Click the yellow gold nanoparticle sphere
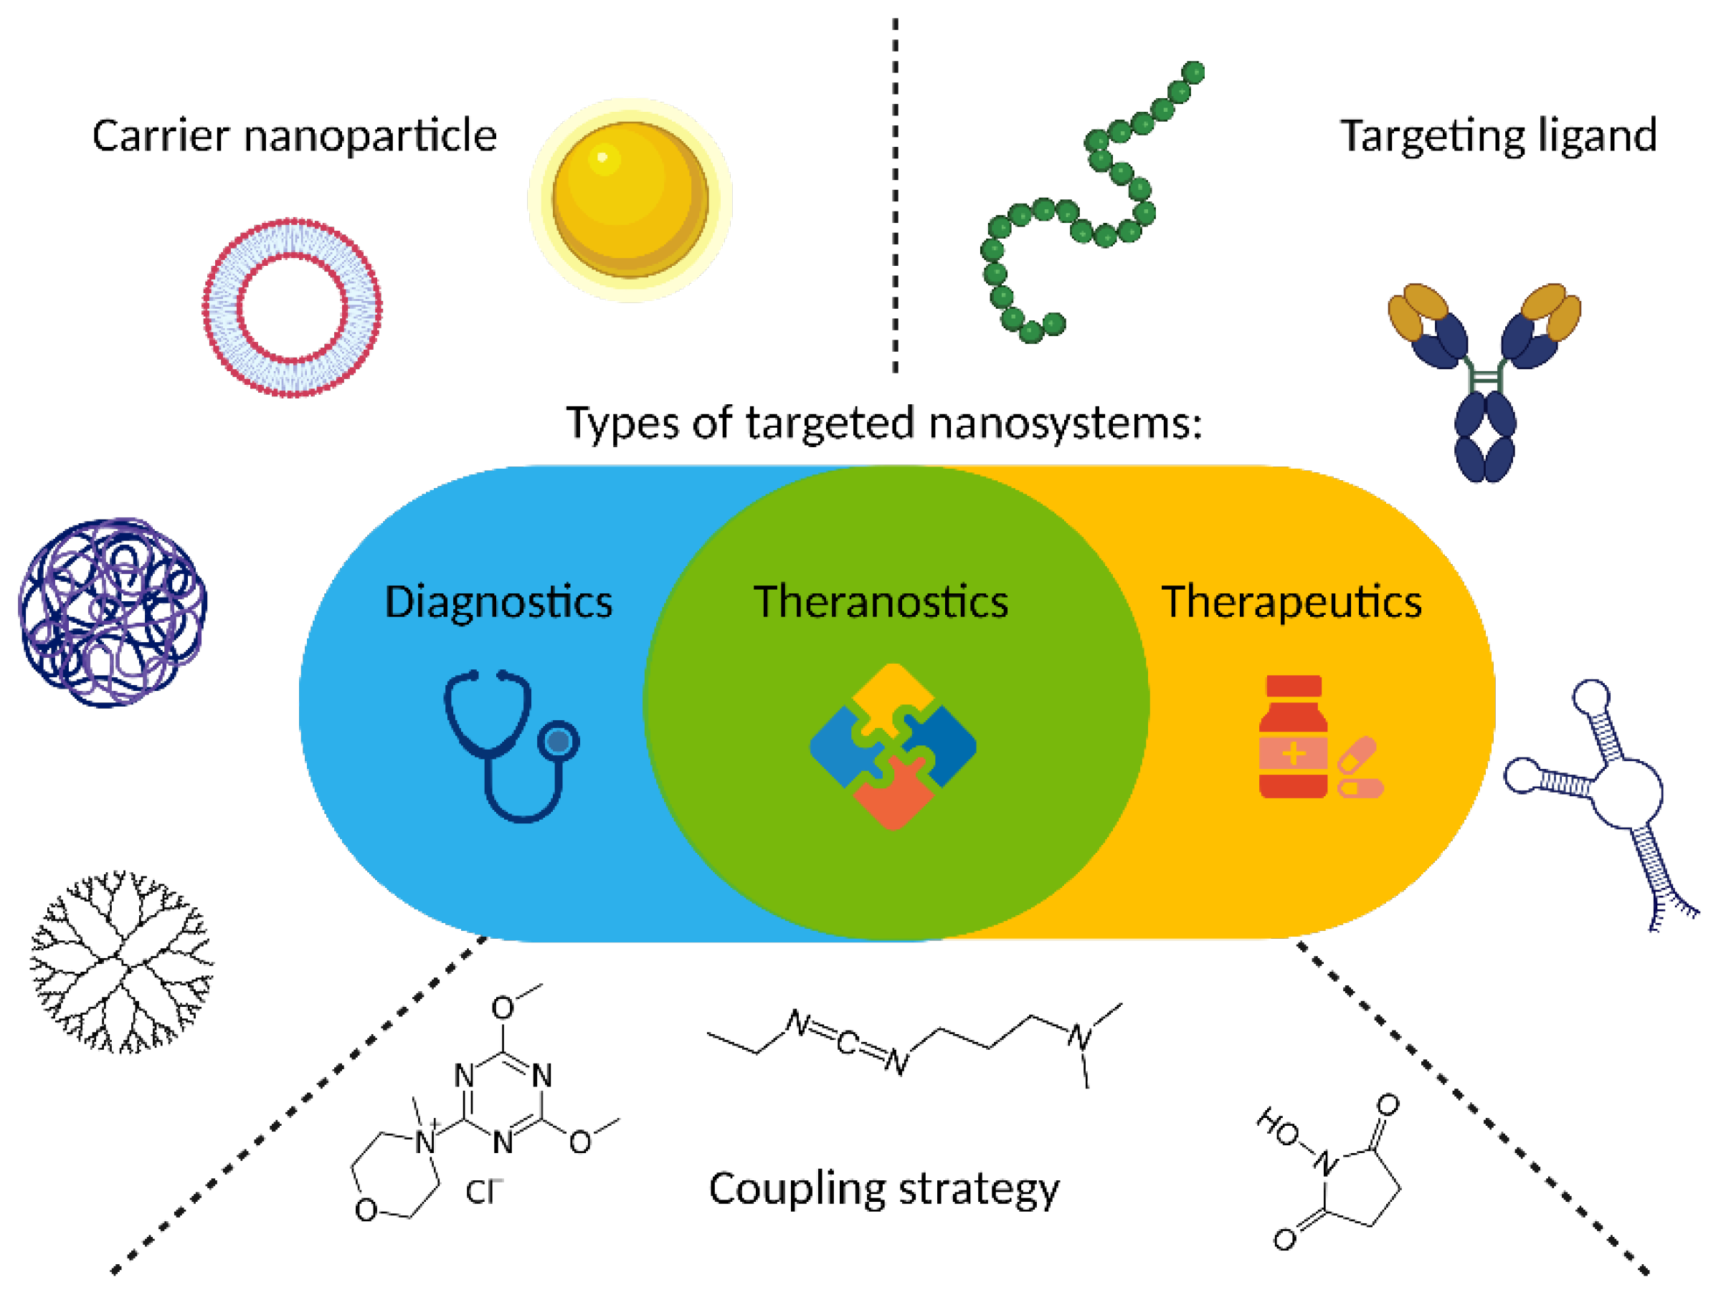coord(630,200)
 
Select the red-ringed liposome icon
coord(292,308)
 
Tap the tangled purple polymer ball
coord(113,613)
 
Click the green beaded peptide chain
coord(1089,210)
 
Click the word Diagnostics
coord(498,602)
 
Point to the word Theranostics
coord(881,602)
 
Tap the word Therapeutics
coord(1291,602)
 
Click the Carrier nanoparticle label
coord(294,136)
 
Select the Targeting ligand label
coord(1498,136)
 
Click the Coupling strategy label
coord(884,1189)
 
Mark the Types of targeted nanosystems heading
coord(884,424)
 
